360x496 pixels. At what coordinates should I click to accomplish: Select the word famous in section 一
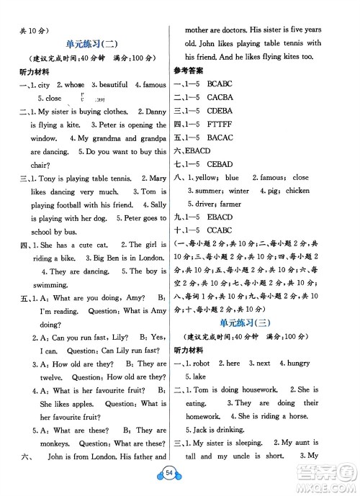point(153,85)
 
